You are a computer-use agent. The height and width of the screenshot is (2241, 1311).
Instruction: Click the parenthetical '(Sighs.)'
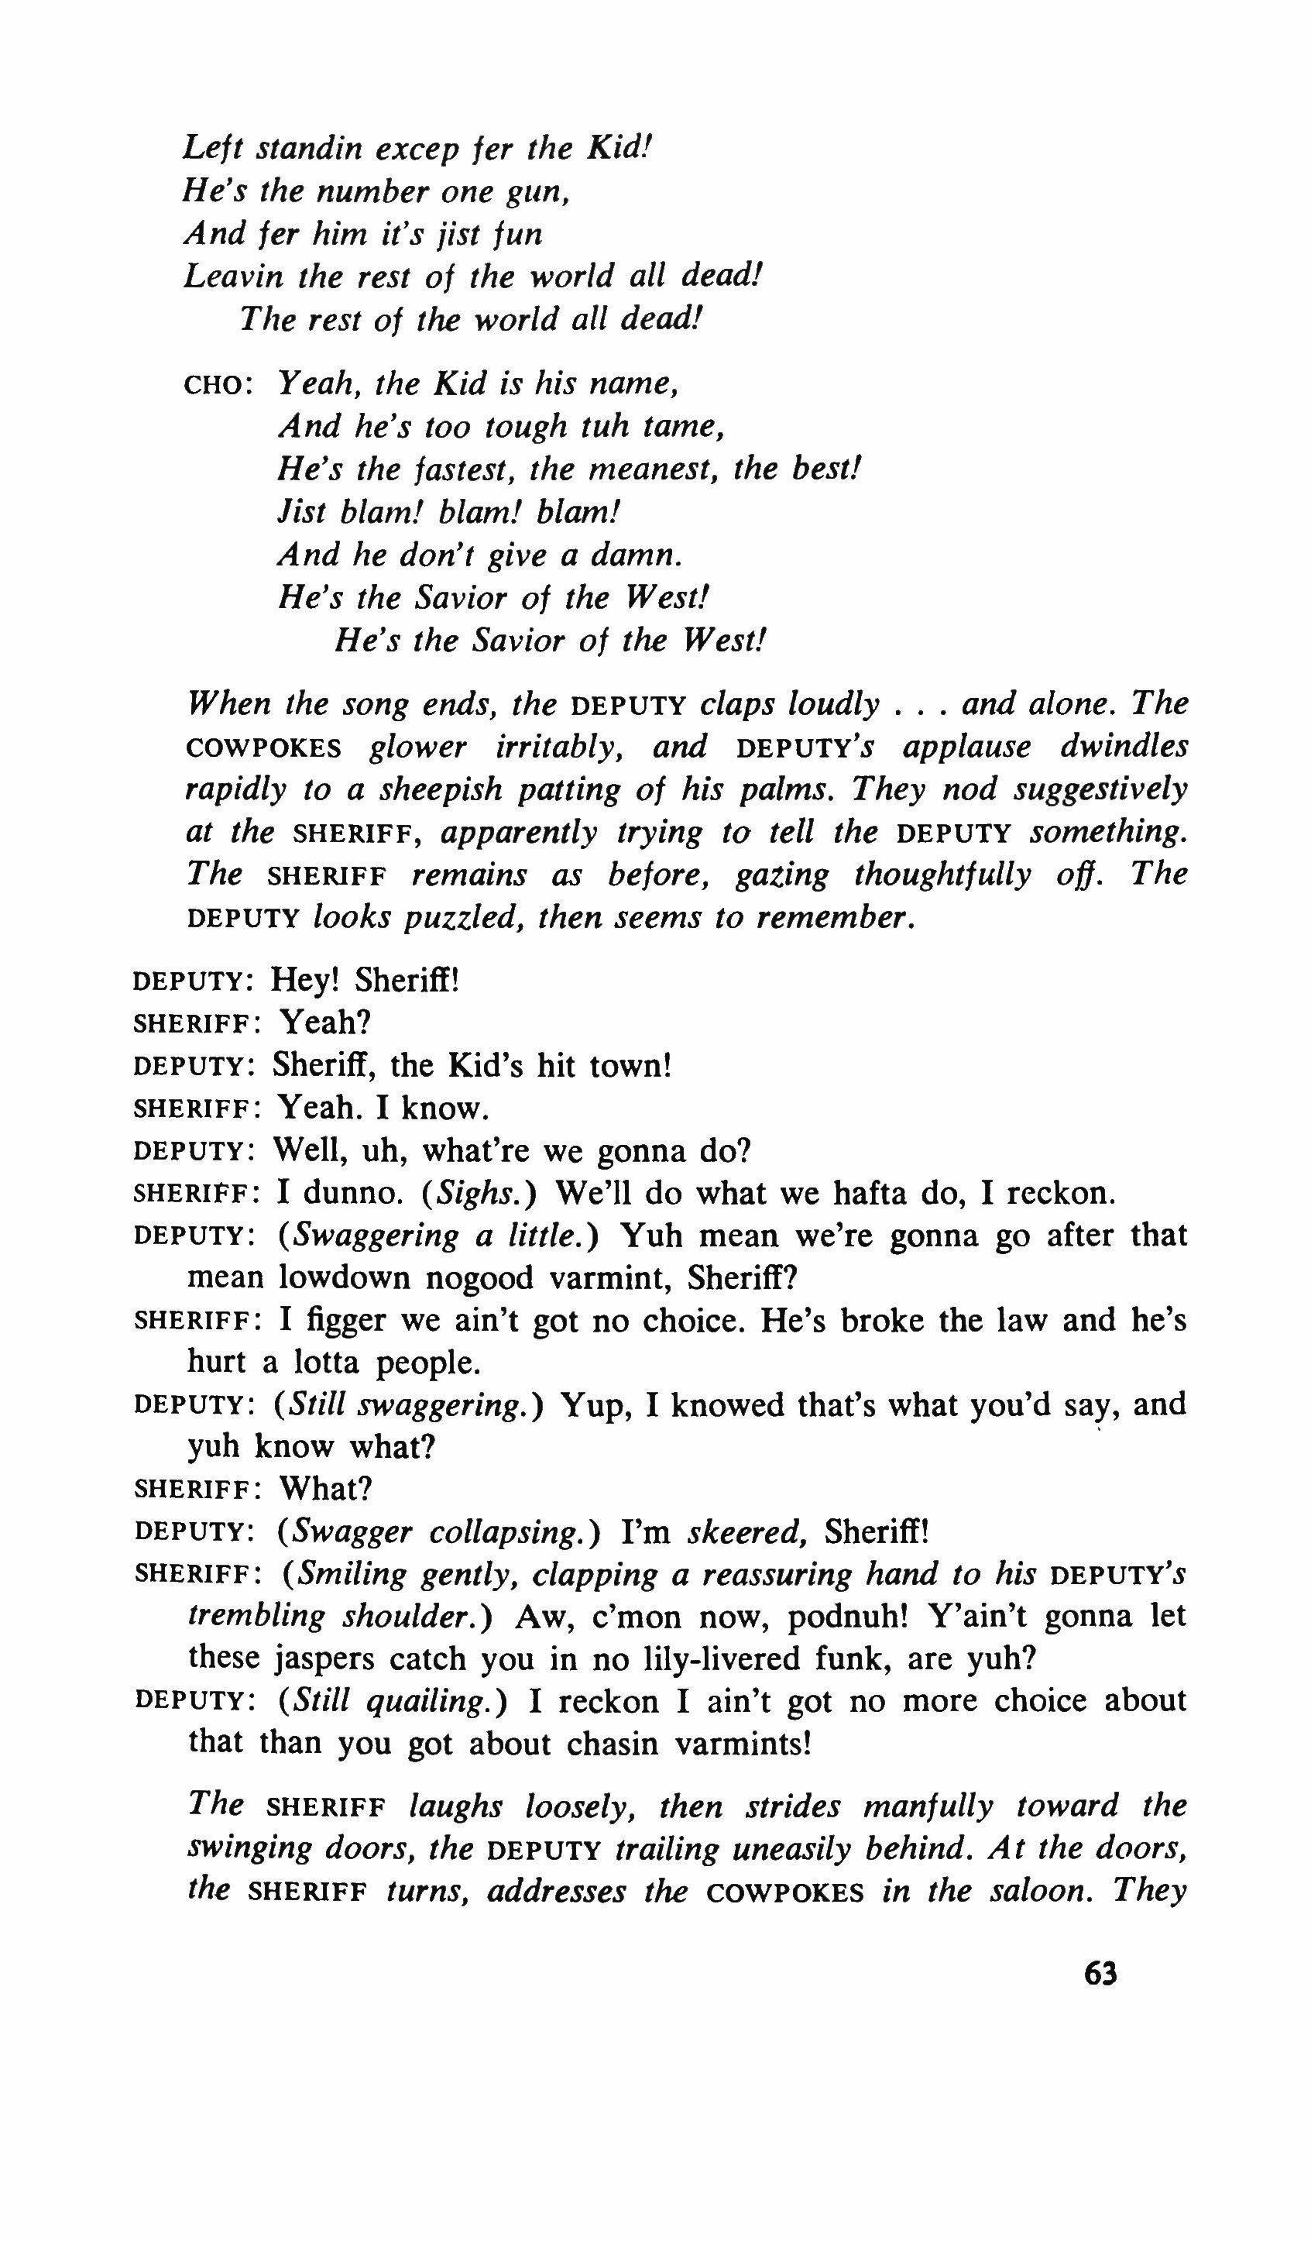(x=481, y=1192)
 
